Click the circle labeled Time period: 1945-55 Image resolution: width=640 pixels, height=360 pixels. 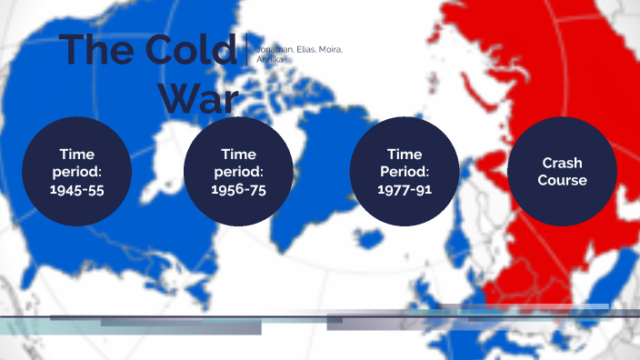coord(76,172)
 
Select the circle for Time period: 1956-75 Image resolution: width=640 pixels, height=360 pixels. coord(238,172)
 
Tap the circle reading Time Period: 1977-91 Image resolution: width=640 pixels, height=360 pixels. coord(404,172)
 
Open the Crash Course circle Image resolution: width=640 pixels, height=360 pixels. coord(562,172)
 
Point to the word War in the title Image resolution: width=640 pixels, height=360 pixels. coord(201,97)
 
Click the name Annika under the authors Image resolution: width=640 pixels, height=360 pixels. coord(271,59)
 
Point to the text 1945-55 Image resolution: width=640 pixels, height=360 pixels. coord(76,189)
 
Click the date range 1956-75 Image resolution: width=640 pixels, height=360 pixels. coord(238,189)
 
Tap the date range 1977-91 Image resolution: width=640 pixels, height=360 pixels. coord(404,189)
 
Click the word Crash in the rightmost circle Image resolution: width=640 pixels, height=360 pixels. coord(562,164)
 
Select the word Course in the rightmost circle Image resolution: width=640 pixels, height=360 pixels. coord(562,180)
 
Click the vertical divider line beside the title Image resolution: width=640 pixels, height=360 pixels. coord(247,49)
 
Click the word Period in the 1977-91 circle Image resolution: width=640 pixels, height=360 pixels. coord(404,172)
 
